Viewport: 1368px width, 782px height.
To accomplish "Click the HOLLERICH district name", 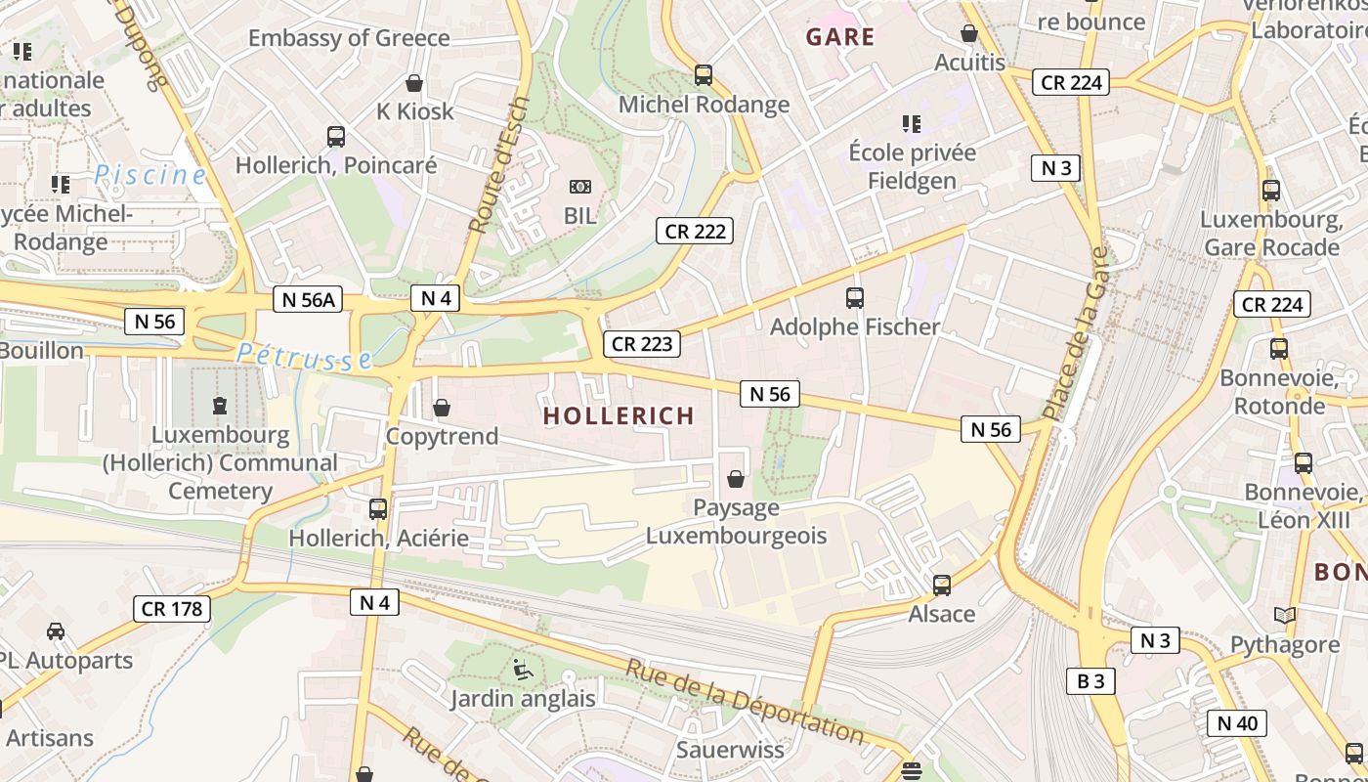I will point(619,415).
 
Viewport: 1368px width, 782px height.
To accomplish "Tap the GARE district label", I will point(840,37).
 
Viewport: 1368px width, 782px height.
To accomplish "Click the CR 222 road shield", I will point(695,231).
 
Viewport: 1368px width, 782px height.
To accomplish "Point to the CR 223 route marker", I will point(641,344).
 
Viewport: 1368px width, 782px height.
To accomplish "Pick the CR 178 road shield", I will point(172,609).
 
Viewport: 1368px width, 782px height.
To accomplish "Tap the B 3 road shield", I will point(1090,680).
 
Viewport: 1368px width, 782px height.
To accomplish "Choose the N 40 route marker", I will point(1237,723).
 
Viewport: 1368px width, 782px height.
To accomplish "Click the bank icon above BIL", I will point(579,187).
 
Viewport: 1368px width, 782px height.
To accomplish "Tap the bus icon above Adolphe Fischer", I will point(855,298).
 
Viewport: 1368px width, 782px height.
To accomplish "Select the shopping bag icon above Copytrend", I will point(442,408).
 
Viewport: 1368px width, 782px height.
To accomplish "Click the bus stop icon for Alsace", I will point(942,586).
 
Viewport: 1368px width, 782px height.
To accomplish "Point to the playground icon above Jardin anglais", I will point(523,670).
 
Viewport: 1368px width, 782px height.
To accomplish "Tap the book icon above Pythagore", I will point(1285,616).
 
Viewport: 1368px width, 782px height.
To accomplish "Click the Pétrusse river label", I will point(305,357).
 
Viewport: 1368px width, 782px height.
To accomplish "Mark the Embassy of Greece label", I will point(349,38).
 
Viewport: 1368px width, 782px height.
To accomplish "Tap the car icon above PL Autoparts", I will point(56,631).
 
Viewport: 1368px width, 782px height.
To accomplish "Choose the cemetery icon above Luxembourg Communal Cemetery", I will point(220,405).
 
